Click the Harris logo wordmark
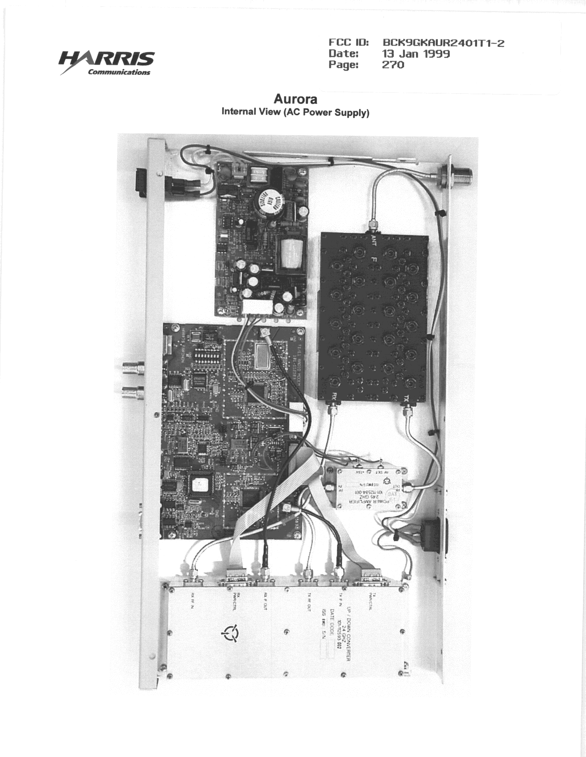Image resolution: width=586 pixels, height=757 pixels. pos(107,59)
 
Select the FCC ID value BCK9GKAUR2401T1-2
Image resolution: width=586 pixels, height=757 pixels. pos(443,43)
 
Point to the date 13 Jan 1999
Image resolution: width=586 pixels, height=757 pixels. pos(416,54)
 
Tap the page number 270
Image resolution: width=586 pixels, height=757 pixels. pos(393,65)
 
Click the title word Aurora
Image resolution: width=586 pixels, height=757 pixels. pos(295,99)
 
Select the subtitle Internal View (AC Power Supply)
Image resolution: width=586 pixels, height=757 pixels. pos(295,112)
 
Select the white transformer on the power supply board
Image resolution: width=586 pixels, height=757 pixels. pos(292,253)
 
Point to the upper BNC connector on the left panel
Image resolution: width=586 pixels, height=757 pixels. pos(133,368)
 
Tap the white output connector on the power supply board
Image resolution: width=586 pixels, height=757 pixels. pos(257,307)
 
